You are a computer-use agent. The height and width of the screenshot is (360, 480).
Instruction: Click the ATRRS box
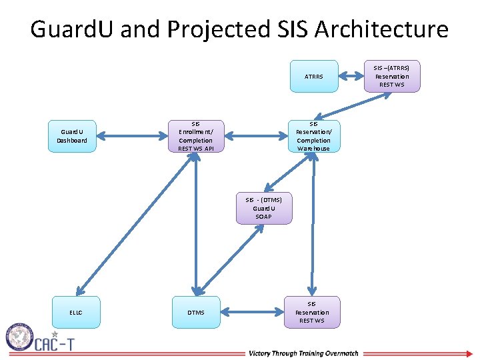click(313, 77)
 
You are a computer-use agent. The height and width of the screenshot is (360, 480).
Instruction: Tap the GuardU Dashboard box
click(72, 137)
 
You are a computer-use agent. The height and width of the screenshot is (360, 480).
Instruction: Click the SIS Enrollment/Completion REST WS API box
click(195, 137)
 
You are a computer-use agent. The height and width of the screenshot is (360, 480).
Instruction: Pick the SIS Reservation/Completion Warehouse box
click(313, 137)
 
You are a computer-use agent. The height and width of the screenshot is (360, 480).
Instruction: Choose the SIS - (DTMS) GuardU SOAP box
click(263, 209)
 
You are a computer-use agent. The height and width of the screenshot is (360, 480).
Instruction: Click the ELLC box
click(75, 312)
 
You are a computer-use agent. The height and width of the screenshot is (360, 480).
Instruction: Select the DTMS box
click(195, 312)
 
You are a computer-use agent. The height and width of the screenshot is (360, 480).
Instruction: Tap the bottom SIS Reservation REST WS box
click(312, 312)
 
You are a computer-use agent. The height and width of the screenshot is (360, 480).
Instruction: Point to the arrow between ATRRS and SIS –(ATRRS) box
click(351, 77)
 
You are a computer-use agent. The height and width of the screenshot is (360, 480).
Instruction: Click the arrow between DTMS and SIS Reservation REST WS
click(253, 312)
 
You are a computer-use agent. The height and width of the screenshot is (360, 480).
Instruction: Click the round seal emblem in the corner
click(21, 337)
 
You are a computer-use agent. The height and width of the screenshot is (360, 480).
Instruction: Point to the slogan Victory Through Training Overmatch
click(303, 353)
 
